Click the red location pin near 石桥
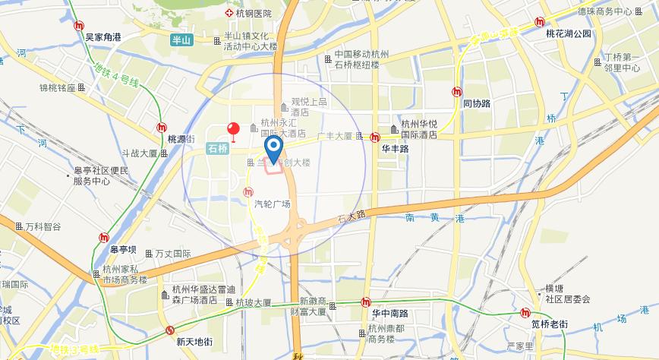(x=235, y=131)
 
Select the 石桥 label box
(x=218, y=150)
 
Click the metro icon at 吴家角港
(x=80, y=25)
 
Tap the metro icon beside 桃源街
(x=162, y=128)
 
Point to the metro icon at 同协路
(x=456, y=92)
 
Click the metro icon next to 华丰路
(x=375, y=137)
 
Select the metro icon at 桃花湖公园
(x=540, y=22)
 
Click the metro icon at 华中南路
(x=367, y=302)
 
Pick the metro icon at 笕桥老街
(x=525, y=313)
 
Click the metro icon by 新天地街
(x=170, y=330)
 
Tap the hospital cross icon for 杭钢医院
(x=229, y=14)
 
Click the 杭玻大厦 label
(x=253, y=302)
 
